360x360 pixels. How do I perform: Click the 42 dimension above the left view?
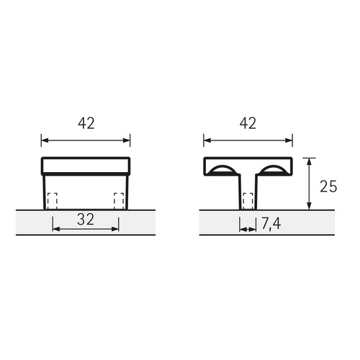click(86, 123)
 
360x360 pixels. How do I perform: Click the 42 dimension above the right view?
click(248, 123)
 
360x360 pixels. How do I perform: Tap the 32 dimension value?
click(86, 220)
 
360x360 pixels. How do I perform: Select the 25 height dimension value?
click(328, 186)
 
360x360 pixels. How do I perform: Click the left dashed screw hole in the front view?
click(53, 201)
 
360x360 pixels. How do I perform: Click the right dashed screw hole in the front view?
click(119, 201)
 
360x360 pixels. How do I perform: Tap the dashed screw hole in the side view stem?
click(248, 201)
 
